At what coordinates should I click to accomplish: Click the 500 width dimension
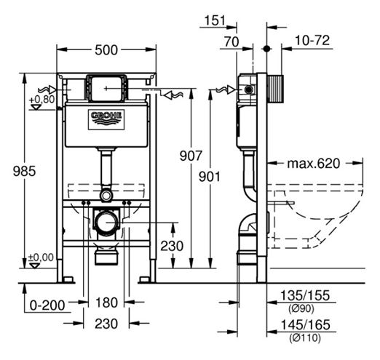click(x=106, y=50)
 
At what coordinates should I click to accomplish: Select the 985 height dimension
click(x=24, y=171)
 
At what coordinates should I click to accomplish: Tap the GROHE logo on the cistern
click(x=106, y=119)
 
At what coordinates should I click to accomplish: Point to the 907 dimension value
click(x=191, y=156)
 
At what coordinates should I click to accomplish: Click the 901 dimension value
click(x=210, y=177)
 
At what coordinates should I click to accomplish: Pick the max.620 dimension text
click(x=314, y=164)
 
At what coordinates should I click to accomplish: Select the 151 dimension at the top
click(x=215, y=20)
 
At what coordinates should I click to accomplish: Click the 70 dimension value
click(x=231, y=41)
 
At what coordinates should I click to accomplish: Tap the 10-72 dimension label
click(x=312, y=40)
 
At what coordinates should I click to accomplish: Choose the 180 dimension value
click(x=106, y=303)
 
